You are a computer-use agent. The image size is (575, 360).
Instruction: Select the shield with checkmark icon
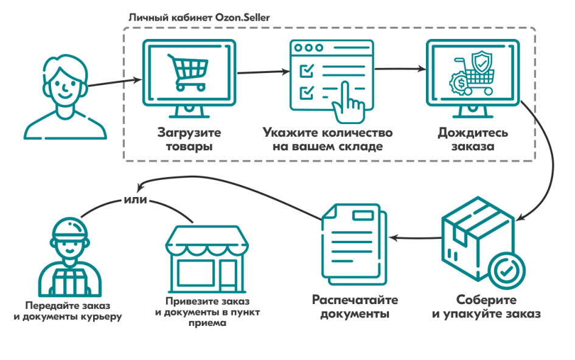click(x=481, y=62)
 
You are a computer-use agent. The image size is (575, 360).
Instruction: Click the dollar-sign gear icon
click(x=461, y=83)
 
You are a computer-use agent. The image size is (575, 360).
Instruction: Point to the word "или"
click(x=135, y=200)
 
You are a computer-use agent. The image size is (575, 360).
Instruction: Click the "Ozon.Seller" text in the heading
click(x=242, y=17)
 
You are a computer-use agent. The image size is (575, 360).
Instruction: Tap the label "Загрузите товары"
click(x=189, y=139)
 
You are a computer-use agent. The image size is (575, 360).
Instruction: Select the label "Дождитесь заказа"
click(x=473, y=139)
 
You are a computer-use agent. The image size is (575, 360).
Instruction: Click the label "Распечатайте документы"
click(x=355, y=307)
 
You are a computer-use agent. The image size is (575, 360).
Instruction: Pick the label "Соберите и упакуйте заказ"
click(x=486, y=307)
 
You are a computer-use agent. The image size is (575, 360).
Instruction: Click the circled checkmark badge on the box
click(x=507, y=271)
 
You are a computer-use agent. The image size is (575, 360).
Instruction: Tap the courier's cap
click(x=70, y=229)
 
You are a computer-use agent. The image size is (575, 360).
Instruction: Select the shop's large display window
click(x=196, y=273)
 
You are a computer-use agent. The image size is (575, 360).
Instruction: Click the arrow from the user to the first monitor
click(x=115, y=83)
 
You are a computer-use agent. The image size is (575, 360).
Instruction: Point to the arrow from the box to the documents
click(x=416, y=238)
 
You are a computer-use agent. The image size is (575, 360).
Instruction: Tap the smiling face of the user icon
click(x=65, y=87)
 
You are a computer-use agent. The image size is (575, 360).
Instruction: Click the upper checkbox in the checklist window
click(x=307, y=70)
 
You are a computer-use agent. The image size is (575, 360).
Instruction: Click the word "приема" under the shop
click(x=207, y=324)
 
